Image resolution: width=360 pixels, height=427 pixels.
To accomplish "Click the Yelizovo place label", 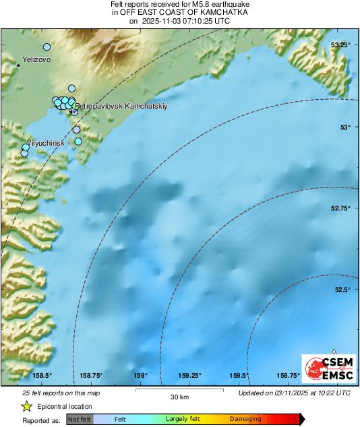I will coord(38,59).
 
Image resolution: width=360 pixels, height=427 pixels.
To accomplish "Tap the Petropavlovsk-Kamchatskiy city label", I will coord(121,106).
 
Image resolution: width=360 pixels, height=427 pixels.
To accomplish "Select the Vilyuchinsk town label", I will coord(45,144).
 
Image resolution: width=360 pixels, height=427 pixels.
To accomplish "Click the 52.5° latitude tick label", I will coord(342,290).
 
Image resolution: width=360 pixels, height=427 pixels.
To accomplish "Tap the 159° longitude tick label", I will coord(140,376).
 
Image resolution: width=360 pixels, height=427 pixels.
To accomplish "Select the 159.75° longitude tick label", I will coord(289,376).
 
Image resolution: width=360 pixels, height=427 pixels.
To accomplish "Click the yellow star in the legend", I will coord(26,406).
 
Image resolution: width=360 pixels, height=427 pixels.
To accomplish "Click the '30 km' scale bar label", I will coord(179,396).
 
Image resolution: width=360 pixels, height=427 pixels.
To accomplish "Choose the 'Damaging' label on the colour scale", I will coord(245,419).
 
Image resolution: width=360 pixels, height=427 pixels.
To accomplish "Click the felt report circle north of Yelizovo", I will coord(47,47).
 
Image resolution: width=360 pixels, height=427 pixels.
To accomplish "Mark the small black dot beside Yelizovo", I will coord(18,65).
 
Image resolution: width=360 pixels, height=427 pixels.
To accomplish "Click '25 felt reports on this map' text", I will coord(61,393).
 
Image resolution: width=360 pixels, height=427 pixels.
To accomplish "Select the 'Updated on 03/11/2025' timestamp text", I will coord(295,393).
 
